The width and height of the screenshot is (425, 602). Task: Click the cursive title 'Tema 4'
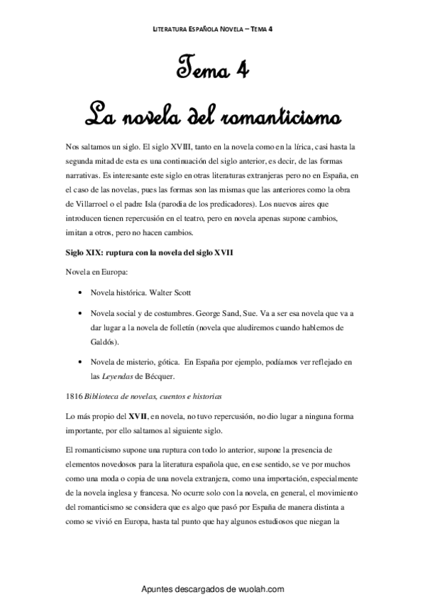212,71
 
